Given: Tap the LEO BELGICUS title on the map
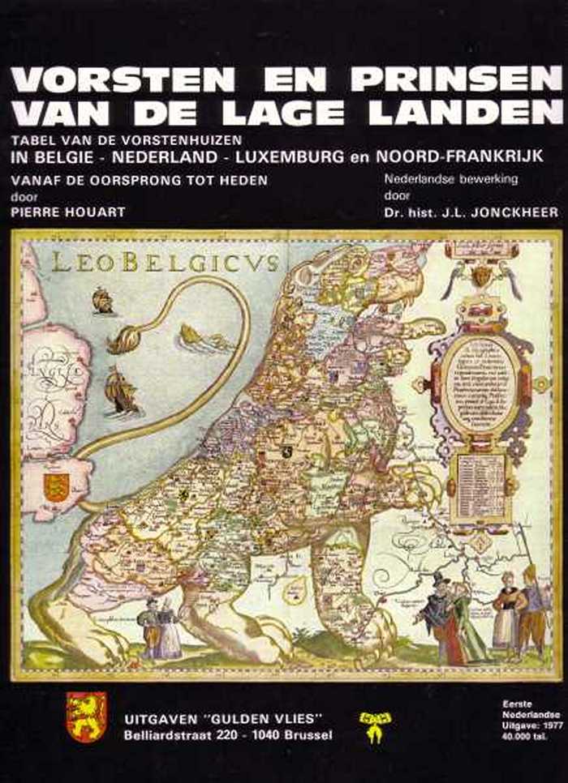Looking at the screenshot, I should click(x=165, y=262).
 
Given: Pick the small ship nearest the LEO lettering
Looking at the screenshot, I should click(x=103, y=301).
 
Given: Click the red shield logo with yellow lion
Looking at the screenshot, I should click(x=86, y=717).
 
